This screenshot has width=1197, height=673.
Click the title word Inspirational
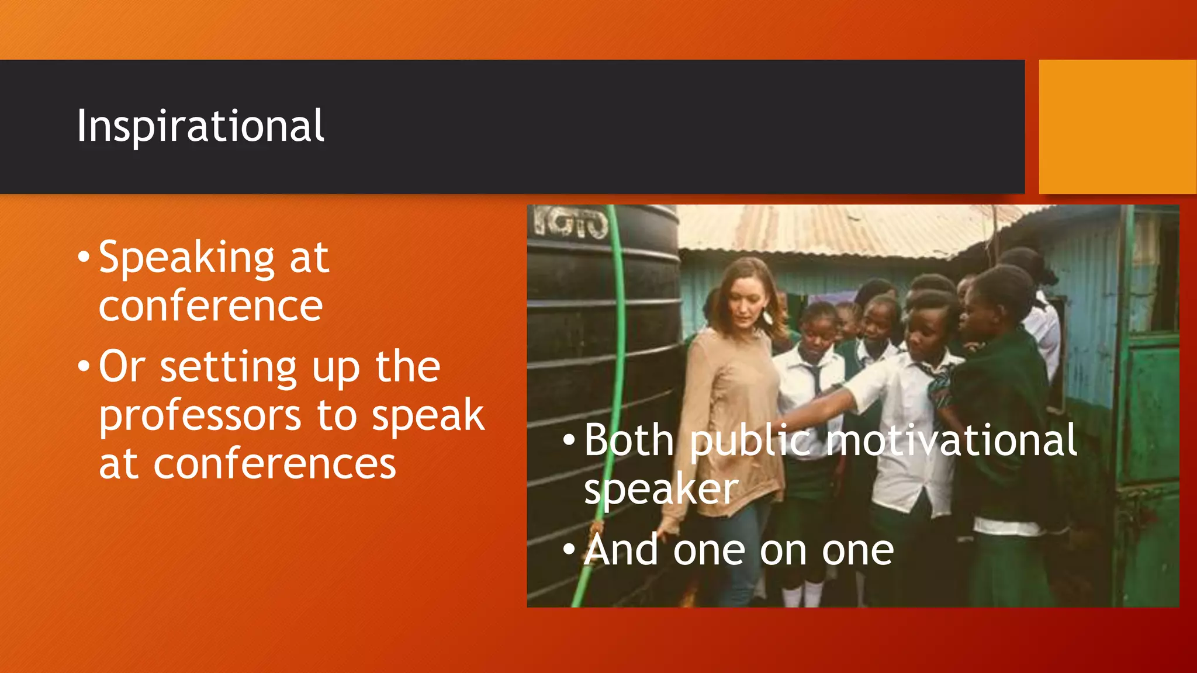pyautogui.click(x=200, y=126)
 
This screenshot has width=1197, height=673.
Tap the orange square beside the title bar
pyautogui.click(x=1117, y=126)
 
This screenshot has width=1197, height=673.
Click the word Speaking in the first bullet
pyautogui.click(x=186, y=258)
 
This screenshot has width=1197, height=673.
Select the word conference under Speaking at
pyautogui.click(x=210, y=306)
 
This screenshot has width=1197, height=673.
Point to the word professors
pyautogui.click(x=200, y=415)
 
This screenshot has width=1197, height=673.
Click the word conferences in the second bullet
pyautogui.click(x=275, y=464)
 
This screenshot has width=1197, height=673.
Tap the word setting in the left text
pyautogui.click(x=229, y=367)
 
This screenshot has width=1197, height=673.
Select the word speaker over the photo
pyautogui.click(x=661, y=489)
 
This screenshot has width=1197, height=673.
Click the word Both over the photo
pyautogui.click(x=629, y=440)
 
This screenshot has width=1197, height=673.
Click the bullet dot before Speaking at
pyautogui.click(x=84, y=257)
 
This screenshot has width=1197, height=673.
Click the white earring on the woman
pyautogui.click(x=767, y=317)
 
